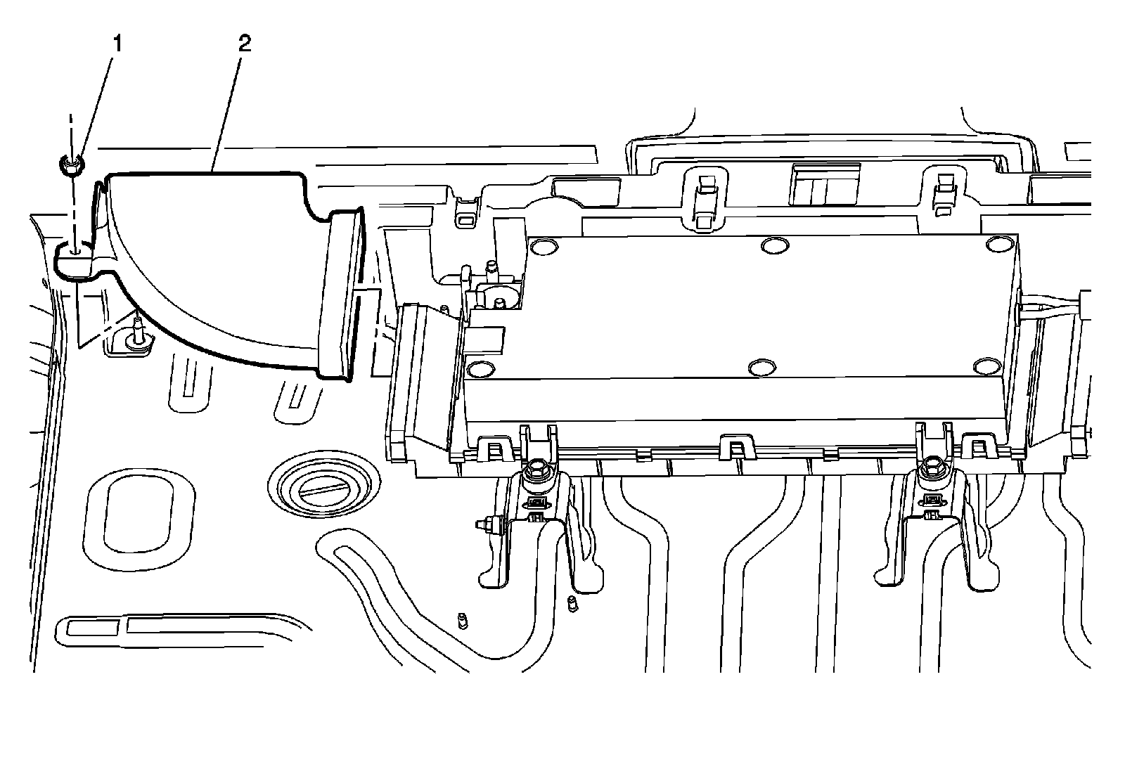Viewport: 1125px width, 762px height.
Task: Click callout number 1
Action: tap(117, 44)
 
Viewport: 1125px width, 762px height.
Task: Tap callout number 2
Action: tap(244, 44)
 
